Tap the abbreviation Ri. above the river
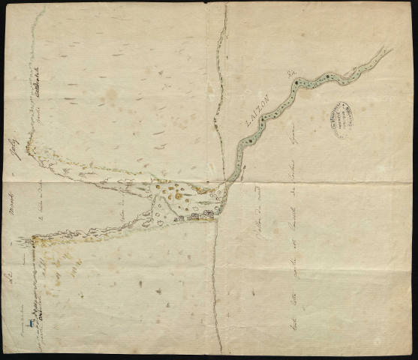291,73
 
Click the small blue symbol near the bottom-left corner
28,323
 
